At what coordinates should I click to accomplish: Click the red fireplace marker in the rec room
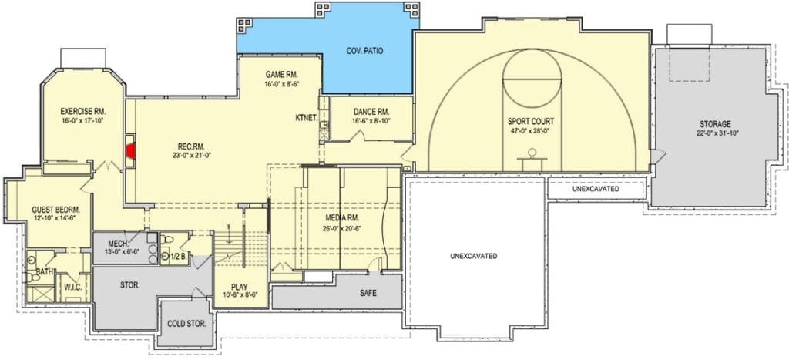[131, 150]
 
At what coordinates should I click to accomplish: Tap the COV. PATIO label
[365, 51]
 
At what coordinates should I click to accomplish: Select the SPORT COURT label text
[530, 121]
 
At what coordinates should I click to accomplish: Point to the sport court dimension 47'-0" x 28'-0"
[530, 131]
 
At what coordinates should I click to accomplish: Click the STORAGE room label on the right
[715, 124]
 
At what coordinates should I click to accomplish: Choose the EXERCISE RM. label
[83, 111]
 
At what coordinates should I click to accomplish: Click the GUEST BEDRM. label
[55, 210]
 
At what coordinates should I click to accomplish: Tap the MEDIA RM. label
[341, 218]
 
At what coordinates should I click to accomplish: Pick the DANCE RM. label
[371, 112]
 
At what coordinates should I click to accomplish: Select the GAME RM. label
[282, 75]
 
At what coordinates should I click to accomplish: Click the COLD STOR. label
[186, 324]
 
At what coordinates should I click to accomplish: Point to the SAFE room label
[368, 292]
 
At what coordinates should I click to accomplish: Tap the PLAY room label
[239, 287]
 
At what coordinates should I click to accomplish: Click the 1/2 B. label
[178, 256]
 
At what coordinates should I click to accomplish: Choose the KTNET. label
[306, 118]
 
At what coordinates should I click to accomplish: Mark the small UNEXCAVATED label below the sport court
[596, 190]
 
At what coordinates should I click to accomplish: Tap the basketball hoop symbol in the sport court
[532, 156]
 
